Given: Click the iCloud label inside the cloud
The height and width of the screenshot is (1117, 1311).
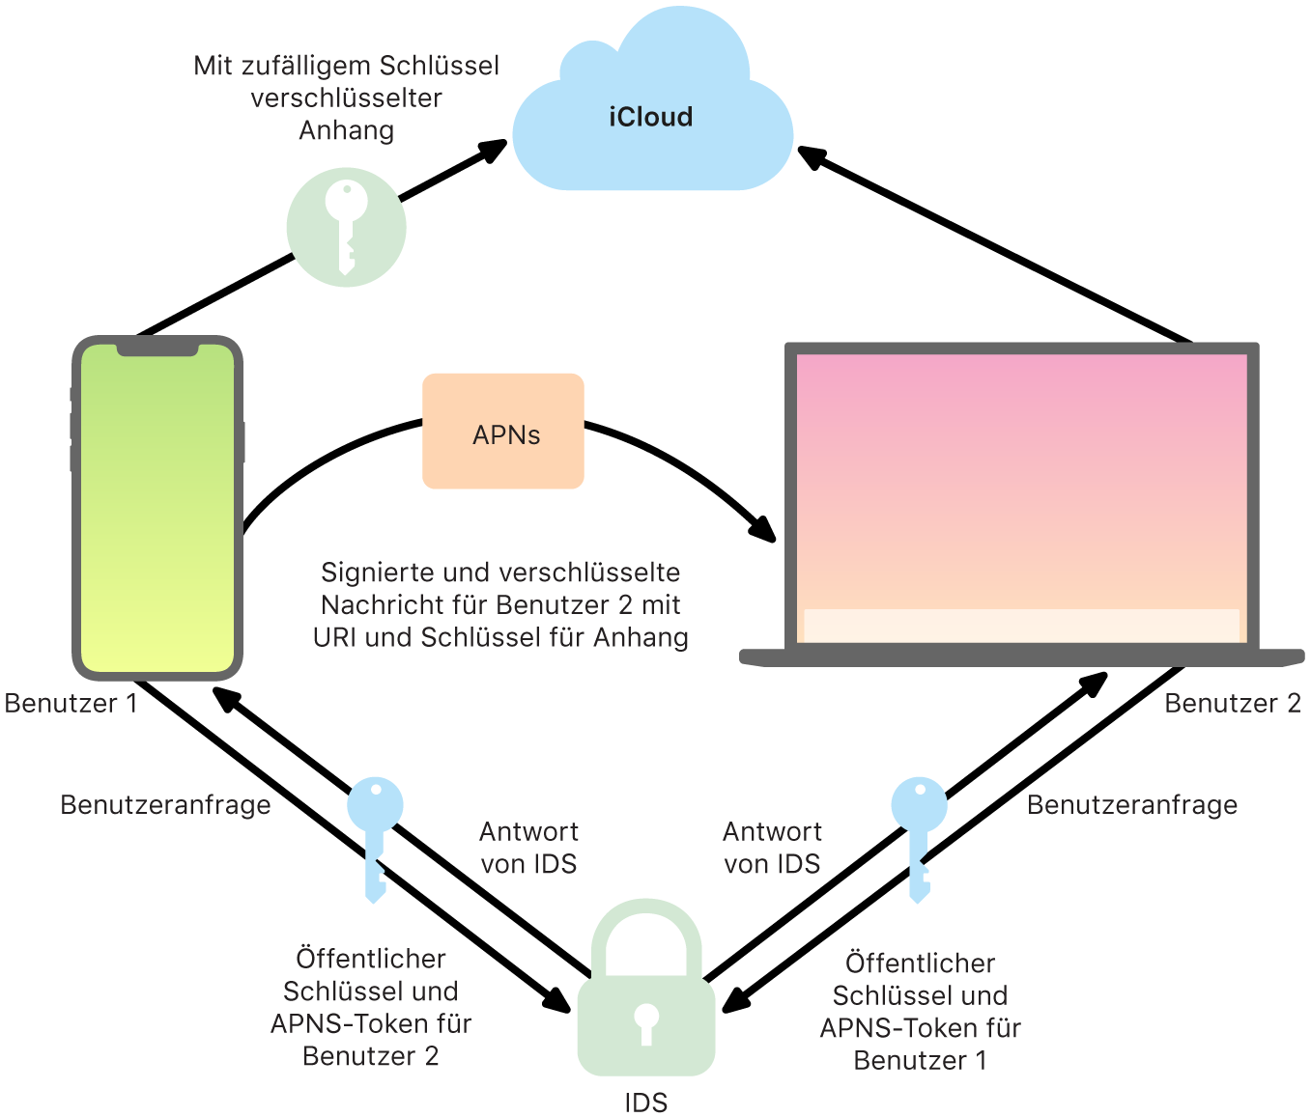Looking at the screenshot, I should click(x=650, y=117).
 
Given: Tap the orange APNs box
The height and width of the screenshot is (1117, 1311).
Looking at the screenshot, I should click(x=503, y=432).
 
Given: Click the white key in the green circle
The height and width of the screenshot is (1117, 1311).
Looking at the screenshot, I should click(x=346, y=226).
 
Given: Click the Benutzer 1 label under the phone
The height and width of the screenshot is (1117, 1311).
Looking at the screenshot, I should click(x=71, y=703).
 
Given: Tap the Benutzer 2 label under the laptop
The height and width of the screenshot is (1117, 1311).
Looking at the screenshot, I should click(x=1232, y=703).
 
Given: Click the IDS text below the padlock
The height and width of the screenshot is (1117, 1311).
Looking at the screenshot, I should click(x=645, y=1103).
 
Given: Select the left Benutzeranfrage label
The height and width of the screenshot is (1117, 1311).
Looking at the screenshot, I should click(x=165, y=805).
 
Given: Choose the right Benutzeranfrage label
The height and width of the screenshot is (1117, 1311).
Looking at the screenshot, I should click(x=1131, y=805).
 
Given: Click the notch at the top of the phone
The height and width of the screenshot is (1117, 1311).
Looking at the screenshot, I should click(x=157, y=348).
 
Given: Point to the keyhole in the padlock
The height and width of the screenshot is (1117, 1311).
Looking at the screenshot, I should click(x=646, y=1023).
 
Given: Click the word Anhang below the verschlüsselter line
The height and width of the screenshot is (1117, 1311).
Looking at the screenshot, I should click(x=346, y=130).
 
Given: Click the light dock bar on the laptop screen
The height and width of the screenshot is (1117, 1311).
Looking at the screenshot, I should click(x=1021, y=625).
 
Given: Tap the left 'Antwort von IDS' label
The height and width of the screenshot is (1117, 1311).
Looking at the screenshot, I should click(x=528, y=847).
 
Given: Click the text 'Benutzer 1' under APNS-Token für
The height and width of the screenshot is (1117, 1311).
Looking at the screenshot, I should click(x=920, y=1060).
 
